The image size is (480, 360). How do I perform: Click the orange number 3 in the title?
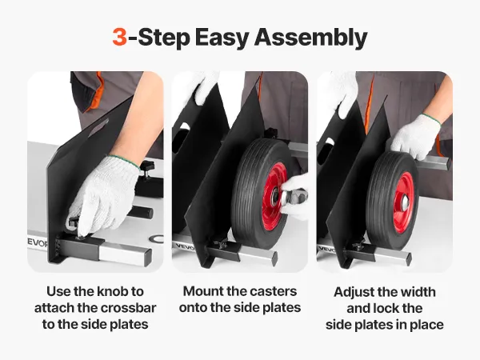click(119, 37)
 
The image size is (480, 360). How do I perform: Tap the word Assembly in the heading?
click(310, 38)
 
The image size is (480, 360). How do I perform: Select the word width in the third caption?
click(418, 292)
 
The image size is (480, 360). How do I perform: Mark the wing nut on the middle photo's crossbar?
click(222, 244)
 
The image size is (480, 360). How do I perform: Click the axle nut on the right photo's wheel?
click(406, 202)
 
